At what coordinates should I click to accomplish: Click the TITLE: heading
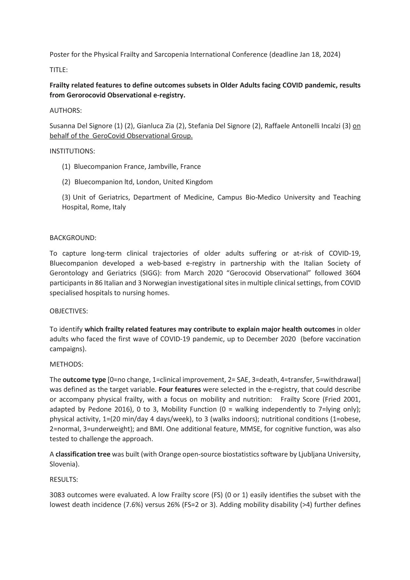(59, 70)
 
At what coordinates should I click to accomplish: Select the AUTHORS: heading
(65, 110)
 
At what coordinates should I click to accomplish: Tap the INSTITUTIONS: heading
(72, 151)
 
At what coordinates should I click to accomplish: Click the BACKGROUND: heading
(73, 238)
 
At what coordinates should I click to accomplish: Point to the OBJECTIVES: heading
(68, 311)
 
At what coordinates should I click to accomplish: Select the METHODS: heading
(66, 364)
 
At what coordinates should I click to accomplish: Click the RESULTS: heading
(63, 479)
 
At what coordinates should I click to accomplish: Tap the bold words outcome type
(84, 380)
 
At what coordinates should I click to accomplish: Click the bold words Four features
(180, 390)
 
